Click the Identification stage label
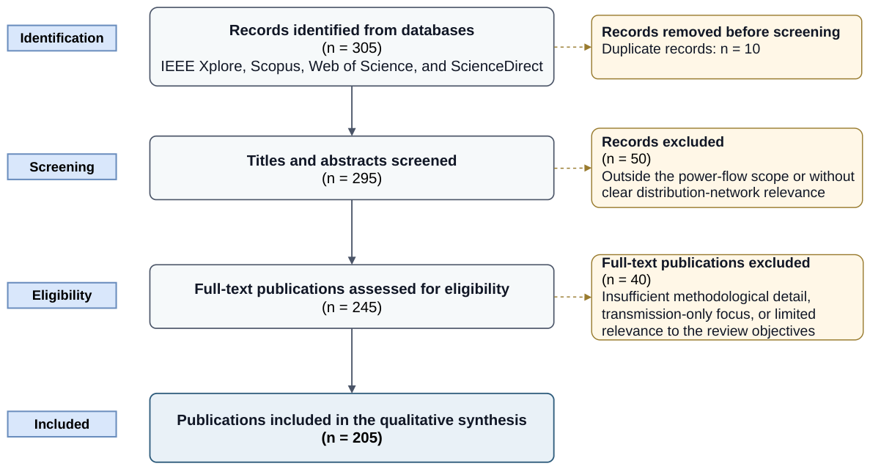click(x=62, y=38)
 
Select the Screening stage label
click(x=62, y=167)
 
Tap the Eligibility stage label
click(x=62, y=295)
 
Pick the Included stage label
click(x=62, y=424)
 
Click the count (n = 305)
click(x=352, y=48)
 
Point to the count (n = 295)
click(x=352, y=179)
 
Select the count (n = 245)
click(x=352, y=308)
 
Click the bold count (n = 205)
click(x=352, y=438)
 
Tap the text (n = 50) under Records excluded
click(x=627, y=159)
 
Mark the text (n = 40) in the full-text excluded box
click(x=627, y=280)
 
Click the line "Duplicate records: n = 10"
click(x=681, y=49)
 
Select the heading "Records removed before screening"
click(x=720, y=32)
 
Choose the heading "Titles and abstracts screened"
click(x=352, y=161)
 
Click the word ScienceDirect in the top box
click(x=497, y=67)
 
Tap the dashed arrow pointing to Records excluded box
click(x=572, y=168)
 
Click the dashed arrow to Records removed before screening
click(x=572, y=47)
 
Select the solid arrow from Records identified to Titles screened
click(x=352, y=111)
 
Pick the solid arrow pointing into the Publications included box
click(x=352, y=361)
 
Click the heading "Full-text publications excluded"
click(x=706, y=262)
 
